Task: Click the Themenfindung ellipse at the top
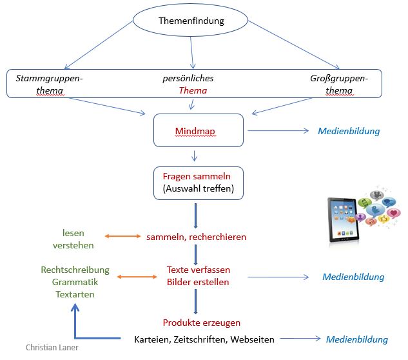[x=191, y=21]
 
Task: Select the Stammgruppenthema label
[x=49, y=84]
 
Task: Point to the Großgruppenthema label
[x=339, y=84]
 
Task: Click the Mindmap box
[x=199, y=131]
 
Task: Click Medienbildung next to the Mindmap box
[x=349, y=131]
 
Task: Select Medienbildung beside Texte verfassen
[x=353, y=277]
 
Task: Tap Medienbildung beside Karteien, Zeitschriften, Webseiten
[x=356, y=339]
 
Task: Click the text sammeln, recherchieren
[x=196, y=237]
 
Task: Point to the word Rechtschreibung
[x=75, y=270]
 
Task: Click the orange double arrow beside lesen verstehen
[x=123, y=237]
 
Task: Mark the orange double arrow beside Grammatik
[x=137, y=277]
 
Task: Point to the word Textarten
[x=75, y=294]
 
